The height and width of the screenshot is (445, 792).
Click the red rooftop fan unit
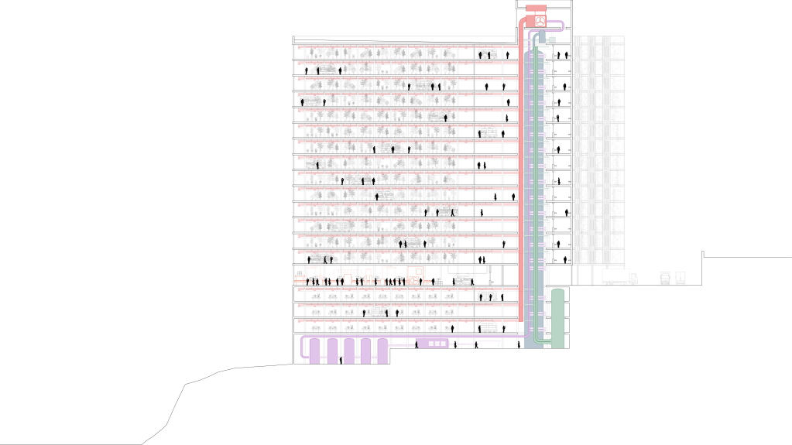(537, 14)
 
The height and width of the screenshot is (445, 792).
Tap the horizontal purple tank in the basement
(434, 342)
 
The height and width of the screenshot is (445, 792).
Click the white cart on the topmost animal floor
(488, 53)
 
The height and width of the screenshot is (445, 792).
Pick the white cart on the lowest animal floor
(487, 328)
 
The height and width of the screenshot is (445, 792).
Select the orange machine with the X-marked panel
(415, 273)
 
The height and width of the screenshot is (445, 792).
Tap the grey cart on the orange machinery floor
(462, 279)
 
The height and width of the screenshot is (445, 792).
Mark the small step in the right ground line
(703, 254)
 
